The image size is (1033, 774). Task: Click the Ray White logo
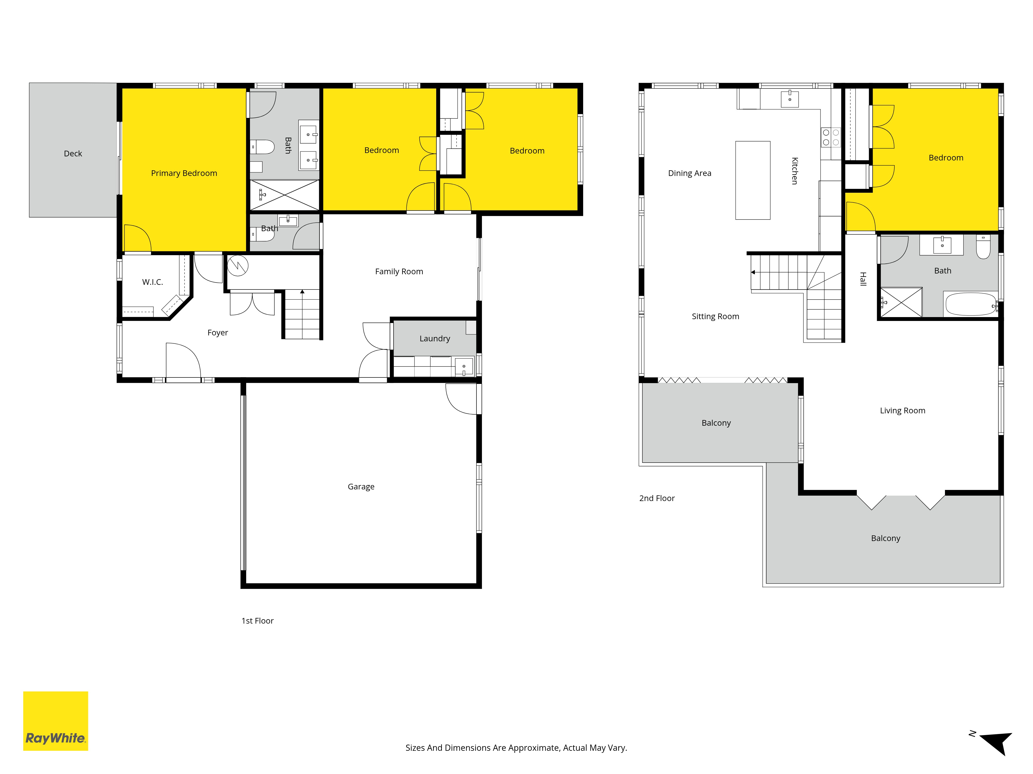[x=56, y=721]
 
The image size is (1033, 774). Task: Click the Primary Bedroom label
[x=184, y=173]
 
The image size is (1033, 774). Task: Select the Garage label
[x=361, y=487]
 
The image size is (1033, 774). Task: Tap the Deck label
[x=73, y=154]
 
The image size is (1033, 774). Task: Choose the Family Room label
[x=399, y=271]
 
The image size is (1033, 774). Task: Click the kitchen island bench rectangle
[x=753, y=180]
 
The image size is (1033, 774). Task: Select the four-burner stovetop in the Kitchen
[x=831, y=137]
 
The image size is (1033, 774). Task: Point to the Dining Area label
[x=690, y=173]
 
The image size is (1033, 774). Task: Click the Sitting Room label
[x=715, y=316]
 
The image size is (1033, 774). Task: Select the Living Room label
[x=903, y=410]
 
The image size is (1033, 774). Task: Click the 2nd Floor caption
[x=657, y=498]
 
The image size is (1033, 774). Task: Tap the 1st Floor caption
[x=257, y=621]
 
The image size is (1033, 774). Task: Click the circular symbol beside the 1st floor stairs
[x=238, y=266]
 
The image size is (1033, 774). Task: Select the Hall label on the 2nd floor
[x=863, y=279]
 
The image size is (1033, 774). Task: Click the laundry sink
[x=464, y=366]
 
